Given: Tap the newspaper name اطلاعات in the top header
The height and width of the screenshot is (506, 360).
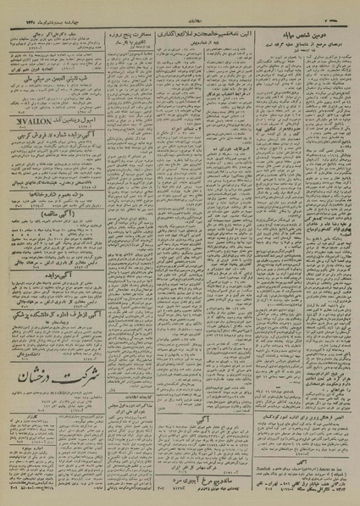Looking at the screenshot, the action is [180, 15].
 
